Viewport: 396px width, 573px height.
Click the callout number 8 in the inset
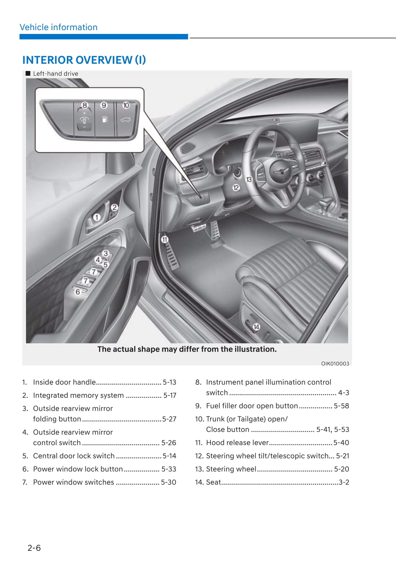pyautogui.click(x=85, y=105)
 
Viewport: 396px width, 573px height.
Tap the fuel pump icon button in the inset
pyautogui.click(x=104, y=120)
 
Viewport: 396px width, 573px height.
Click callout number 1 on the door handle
pyautogui.click(x=96, y=217)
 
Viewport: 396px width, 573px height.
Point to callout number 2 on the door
pyautogui.click(x=114, y=208)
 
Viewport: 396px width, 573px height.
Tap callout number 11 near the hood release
pyautogui.click(x=164, y=239)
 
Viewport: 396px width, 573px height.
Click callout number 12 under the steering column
pyautogui.click(x=236, y=188)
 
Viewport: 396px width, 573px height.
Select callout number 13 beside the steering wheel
pyautogui.click(x=249, y=179)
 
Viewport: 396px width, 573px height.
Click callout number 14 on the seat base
pyautogui.click(x=256, y=327)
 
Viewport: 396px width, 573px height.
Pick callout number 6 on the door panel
pyautogui.click(x=78, y=292)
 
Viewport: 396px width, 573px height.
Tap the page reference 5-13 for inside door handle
pyautogui.click(x=169, y=382)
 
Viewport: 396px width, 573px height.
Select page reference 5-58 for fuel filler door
pyautogui.click(x=341, y=406)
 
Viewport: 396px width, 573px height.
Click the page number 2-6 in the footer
pyautogui.click(x=34, y=548)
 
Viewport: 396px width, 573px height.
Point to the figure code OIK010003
pyautogui.click(x=335, y=363)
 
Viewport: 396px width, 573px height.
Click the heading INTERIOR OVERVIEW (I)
pyautogui.click(x=84, y=60)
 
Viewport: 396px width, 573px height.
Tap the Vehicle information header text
pyautogui.click(x=59, y=27)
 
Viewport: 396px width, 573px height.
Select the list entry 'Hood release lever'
pyautogui.click(x=237, y=442)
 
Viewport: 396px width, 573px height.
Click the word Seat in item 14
pyautogui.click(x=213, y=482)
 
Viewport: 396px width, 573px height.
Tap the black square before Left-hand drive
pyautogui.click(x=28, y=73)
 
